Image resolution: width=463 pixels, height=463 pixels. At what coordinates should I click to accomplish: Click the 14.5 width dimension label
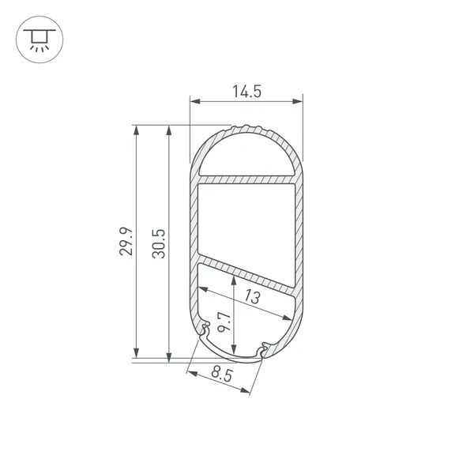(247, 91)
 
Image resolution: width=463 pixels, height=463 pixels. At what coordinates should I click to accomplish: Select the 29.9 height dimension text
(126, 241)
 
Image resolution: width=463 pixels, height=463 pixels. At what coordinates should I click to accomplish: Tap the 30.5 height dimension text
(159, 244)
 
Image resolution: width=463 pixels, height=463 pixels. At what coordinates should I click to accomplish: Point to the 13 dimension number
(252, 297)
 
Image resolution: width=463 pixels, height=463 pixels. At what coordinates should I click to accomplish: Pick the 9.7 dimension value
(224, 322)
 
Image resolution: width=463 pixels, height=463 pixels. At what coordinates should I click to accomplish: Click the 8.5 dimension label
(222, 375)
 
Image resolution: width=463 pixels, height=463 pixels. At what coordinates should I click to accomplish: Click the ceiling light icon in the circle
(40, 40)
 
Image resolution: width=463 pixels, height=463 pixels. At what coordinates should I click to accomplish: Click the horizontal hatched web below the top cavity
(247, 180)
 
